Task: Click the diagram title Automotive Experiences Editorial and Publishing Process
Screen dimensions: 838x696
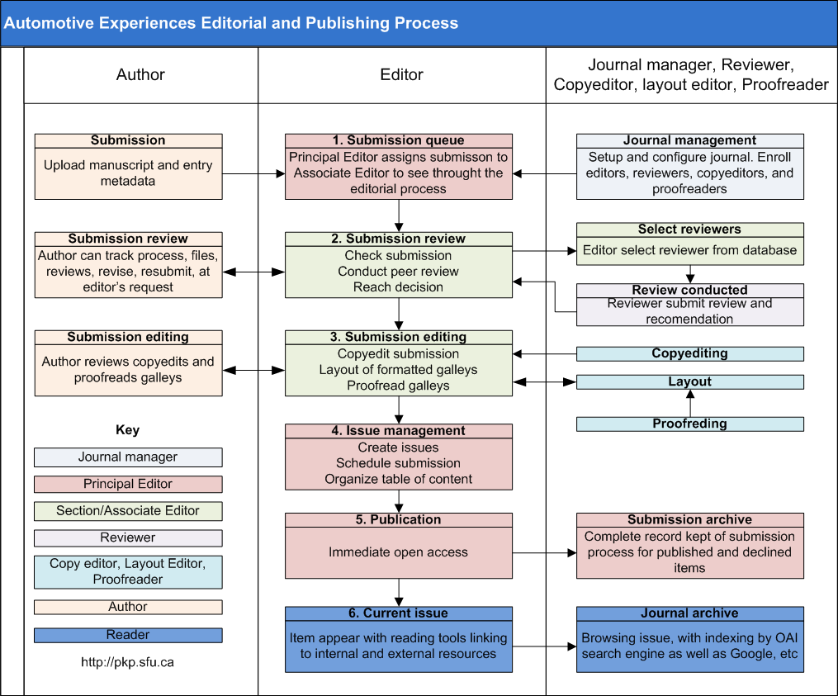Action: (231, 23)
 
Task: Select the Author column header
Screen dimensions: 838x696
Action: (140, 74)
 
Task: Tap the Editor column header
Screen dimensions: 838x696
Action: (401, 74)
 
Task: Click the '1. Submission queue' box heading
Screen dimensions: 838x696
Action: (399, 140)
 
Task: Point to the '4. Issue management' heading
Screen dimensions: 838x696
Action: (399, 430)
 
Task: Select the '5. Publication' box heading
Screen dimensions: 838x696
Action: (399, 519)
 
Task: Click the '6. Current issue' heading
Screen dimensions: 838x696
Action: (399, 613)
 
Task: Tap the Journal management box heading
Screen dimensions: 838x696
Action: (690, 140)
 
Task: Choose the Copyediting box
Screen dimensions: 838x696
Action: (690, 353)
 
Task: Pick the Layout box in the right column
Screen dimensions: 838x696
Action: (690, 381)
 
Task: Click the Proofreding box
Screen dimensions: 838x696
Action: (690, 424)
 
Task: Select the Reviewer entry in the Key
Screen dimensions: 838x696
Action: (128, 537)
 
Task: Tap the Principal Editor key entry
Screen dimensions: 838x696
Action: (128, 485)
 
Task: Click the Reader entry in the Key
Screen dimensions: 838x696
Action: (128, 635)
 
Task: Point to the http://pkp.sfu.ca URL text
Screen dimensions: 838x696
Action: (128, 662)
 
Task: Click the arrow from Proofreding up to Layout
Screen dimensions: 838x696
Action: (690, 403)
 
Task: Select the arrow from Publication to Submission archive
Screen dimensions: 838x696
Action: (545, 552)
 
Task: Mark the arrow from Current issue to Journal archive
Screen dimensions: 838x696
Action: (545, 646)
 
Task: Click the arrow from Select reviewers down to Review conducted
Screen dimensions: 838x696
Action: (690, 274)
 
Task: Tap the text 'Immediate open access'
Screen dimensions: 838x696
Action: (398, 552)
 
